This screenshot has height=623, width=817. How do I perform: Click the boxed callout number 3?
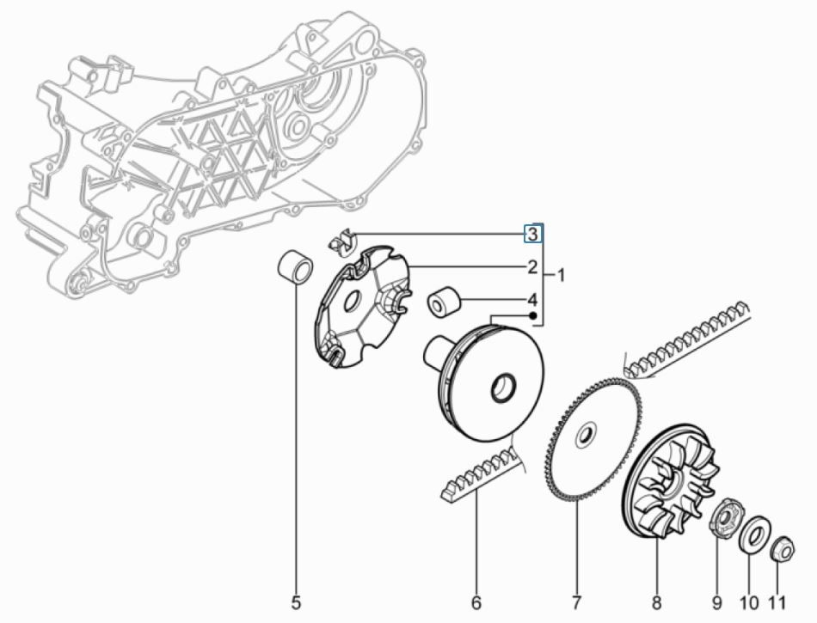(x=532, y=234)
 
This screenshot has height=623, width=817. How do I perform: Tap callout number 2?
(x=532, y=267)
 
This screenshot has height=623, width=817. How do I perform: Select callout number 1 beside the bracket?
(x=561, y=275)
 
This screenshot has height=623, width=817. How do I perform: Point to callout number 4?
(x=532, y=300)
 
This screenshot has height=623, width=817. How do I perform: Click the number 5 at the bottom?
(x=296, y=603)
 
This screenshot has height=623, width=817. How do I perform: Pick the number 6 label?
(x=476, y=603)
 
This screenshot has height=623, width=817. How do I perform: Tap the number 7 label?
(x=576, y=603)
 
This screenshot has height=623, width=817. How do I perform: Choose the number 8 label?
(x=656, y=603)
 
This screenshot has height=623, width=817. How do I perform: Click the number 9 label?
(x=717, y=603)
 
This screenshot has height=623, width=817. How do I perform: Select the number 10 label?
(x=749, y=603)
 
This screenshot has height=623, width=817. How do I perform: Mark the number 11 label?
(x=777, y=603)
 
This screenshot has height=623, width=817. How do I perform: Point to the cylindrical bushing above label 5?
(x=295, y=267)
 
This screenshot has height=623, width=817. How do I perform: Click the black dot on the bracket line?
(x=533, y=315)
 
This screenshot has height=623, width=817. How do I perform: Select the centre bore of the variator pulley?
(x=504, y=388)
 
